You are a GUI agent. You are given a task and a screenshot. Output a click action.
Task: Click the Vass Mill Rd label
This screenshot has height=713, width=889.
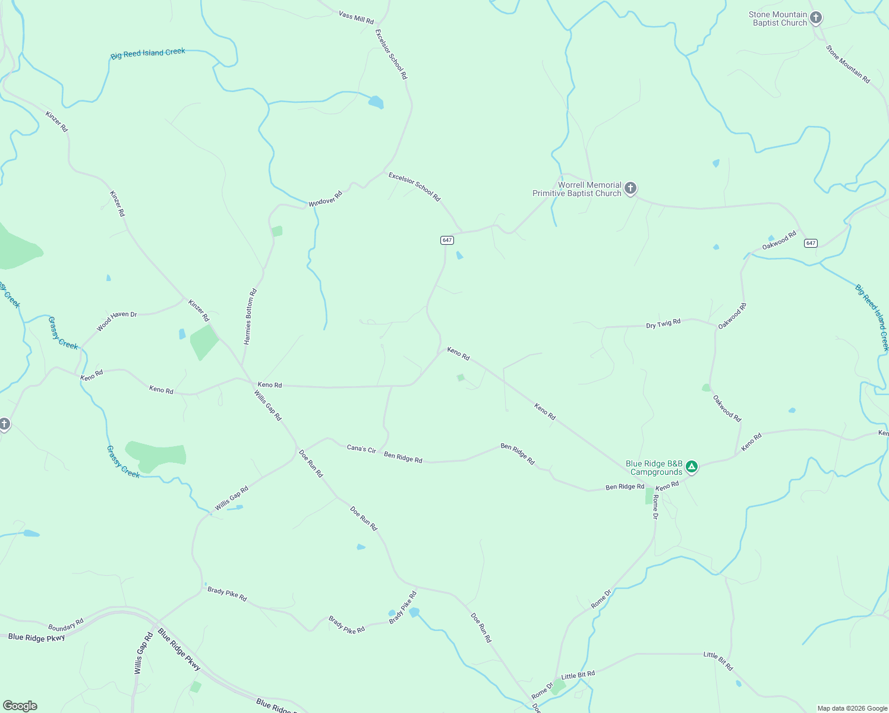(x=356, y=16)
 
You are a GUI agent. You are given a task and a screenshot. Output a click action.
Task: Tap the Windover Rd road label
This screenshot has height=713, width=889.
(x=326, y=198)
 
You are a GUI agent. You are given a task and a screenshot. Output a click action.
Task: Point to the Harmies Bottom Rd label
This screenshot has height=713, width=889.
(x=250, y=317)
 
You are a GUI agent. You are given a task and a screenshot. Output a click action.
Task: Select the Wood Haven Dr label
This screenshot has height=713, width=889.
(x=117, y=321)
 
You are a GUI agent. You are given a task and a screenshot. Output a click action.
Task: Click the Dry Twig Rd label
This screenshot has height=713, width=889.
(x=663, y=324)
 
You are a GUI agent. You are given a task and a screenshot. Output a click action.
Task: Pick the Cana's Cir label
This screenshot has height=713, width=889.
(x=361, y=449)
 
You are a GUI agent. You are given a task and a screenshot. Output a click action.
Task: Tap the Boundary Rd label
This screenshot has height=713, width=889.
(x=65, y=625)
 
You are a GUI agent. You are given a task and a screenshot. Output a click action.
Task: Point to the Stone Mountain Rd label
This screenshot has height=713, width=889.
(x=848, y=64)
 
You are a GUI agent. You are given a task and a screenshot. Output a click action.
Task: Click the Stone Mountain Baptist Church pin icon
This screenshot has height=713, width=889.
(x=816, y=18)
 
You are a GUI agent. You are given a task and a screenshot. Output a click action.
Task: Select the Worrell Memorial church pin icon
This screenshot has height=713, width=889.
(x=631, y=188)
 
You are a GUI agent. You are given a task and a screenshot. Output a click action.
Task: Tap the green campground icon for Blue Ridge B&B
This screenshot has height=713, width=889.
(x=691, y=467)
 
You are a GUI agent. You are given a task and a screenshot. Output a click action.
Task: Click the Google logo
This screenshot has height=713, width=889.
(x=20, y=706)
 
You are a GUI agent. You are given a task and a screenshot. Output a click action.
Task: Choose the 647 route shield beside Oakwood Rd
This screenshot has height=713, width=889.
(x=811, y=243)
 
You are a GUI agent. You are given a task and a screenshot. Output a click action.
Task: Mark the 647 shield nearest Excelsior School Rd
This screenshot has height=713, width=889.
(x=447, y=240)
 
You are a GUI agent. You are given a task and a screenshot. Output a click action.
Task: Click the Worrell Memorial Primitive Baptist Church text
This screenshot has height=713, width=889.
(x=576, y=189)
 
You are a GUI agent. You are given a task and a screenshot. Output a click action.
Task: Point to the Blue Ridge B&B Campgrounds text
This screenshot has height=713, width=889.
(x=655, y=468)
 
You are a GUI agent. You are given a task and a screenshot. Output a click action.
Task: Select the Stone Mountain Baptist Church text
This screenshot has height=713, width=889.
(x=777, y=18)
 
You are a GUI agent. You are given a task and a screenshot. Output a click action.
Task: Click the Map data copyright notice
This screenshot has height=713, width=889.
(x=852, y=708)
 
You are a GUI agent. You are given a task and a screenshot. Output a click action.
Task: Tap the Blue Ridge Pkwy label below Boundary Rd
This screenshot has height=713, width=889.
(x=37, y=638)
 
